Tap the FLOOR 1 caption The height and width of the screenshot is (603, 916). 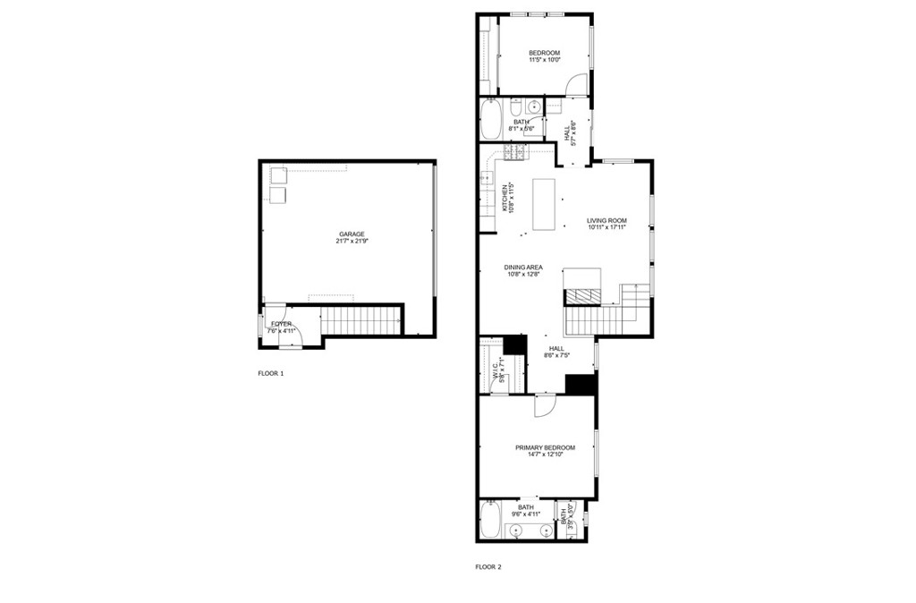[x=270, y=374]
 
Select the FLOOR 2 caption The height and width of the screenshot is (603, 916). [x=488, y=566]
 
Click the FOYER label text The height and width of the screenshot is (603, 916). [x=281, y=324]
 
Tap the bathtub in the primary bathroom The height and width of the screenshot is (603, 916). [x=489, y=520]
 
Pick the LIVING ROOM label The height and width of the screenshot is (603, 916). [x=606, y=220]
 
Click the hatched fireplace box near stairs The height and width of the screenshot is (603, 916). [x=584, y=297]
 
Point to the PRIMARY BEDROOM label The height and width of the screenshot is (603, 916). [x=544, y=447]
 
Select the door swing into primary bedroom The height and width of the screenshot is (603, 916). [x=545, y=405]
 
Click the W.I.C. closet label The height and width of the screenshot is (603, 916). [x=495, y=371]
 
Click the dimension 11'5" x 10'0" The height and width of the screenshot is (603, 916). [x=544, y=61]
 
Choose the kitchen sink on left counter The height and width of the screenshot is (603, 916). [x=488, y=178]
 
